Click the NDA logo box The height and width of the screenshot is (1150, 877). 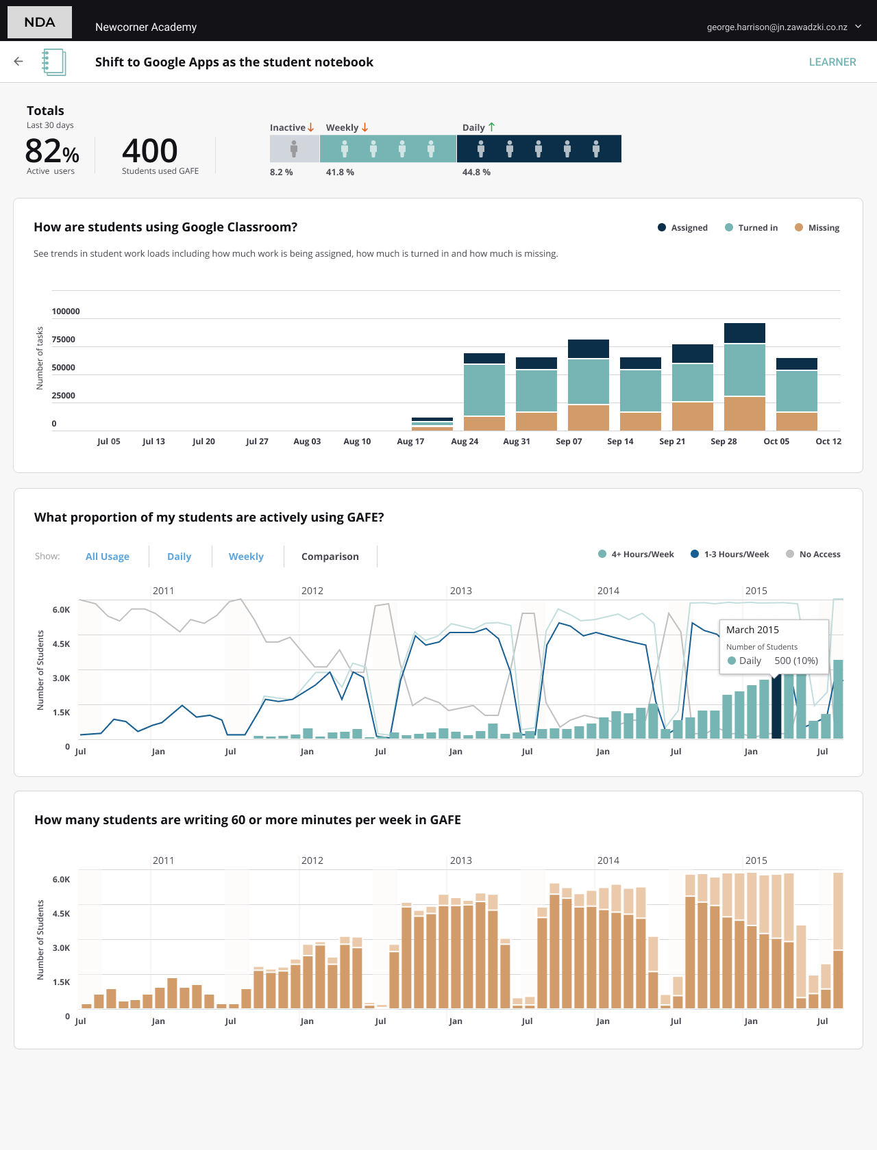click(40, 22)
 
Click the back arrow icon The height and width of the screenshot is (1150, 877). click(18, 62)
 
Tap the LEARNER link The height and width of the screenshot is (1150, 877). click(832, 62)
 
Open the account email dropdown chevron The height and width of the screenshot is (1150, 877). click(858, 27)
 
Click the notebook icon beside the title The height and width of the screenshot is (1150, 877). click(53, 62)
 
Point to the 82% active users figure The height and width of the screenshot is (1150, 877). click(51, 151)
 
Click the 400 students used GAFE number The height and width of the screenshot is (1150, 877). click(149, 151)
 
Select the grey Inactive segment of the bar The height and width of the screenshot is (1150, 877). click(294, 149)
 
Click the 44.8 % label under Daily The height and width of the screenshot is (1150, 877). click(476, 172)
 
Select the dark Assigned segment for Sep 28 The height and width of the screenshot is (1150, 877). click(744, 333)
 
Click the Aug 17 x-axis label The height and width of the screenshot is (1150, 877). click(410, 442)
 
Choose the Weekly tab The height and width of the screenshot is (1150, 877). click(246, 557)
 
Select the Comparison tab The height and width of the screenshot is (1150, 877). click(330, 557)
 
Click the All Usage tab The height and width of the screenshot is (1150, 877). click(108, 557)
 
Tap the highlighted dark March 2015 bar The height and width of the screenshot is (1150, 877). click(776, 708)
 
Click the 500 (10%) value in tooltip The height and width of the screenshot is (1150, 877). click(796, 661)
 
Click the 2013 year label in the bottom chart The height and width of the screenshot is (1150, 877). click(460, 860)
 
